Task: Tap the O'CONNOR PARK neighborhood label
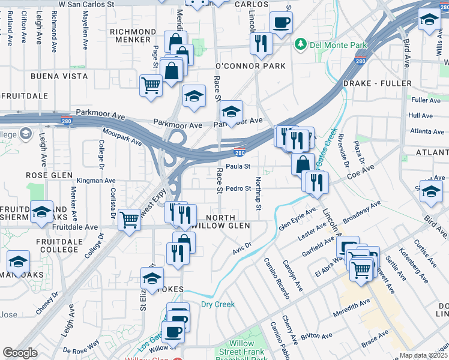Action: click(x=250, y=66)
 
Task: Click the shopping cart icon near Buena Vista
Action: click(x=151, y=85)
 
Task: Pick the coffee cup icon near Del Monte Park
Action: click(x=281, y=23)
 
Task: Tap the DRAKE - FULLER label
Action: click(x=377, y=83)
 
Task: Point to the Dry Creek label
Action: click(x=217, y=304)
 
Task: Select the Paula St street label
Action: click(x=238, y=166)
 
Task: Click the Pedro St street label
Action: click(x=238, y=188)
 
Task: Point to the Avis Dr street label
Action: click(x=241, y=247)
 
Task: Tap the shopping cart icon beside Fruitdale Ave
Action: click(x=130, y=220)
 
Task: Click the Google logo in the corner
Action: click(x=20, y=353)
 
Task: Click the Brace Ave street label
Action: click(x=375, y=338)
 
